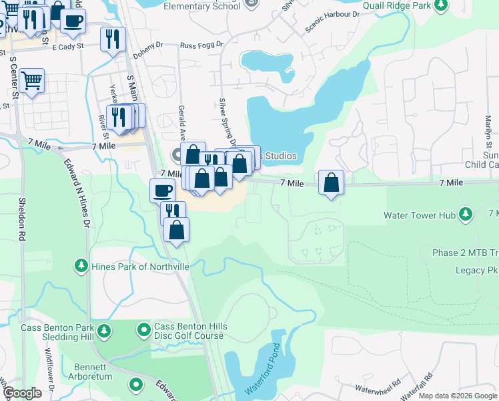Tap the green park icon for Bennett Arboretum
click(x=136, y=384)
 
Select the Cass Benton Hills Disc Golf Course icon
click(x=143, y=330)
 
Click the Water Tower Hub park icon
click(x=466, y=215)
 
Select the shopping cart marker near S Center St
click(x=31, y=81)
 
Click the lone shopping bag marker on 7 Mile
click(x=332, y=182)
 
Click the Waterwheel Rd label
click(x=378, y=386)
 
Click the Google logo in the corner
click(x=23, y=393)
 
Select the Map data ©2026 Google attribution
click(x=458, y=396)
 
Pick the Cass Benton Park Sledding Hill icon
click(x=103, y=330)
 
